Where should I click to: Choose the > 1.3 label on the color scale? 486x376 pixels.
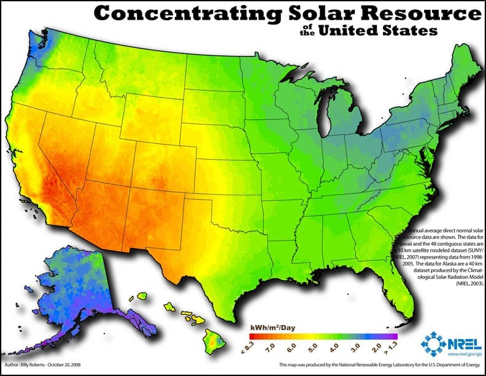tap(395, 349)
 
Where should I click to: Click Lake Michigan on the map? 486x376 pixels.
tap(326, 117)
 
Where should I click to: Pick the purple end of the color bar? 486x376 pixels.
tap(393, 336)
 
